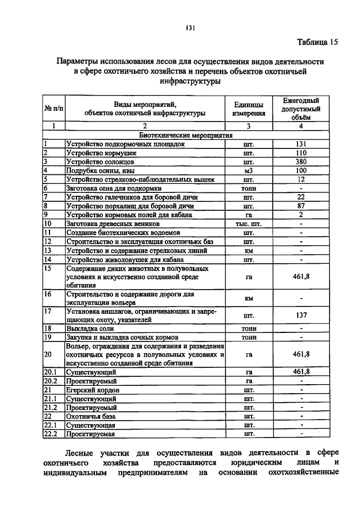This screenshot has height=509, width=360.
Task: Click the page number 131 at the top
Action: [190, 29]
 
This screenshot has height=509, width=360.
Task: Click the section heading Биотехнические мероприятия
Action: [186, 136]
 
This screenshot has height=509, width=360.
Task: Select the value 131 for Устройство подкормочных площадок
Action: [301, 144]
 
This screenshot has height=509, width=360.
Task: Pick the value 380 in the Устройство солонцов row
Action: [301, 161]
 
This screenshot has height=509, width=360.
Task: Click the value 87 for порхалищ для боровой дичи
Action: [301, 206]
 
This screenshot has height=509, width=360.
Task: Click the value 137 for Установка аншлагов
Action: [301, 316]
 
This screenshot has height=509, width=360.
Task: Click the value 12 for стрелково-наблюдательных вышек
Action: [301, 179]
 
